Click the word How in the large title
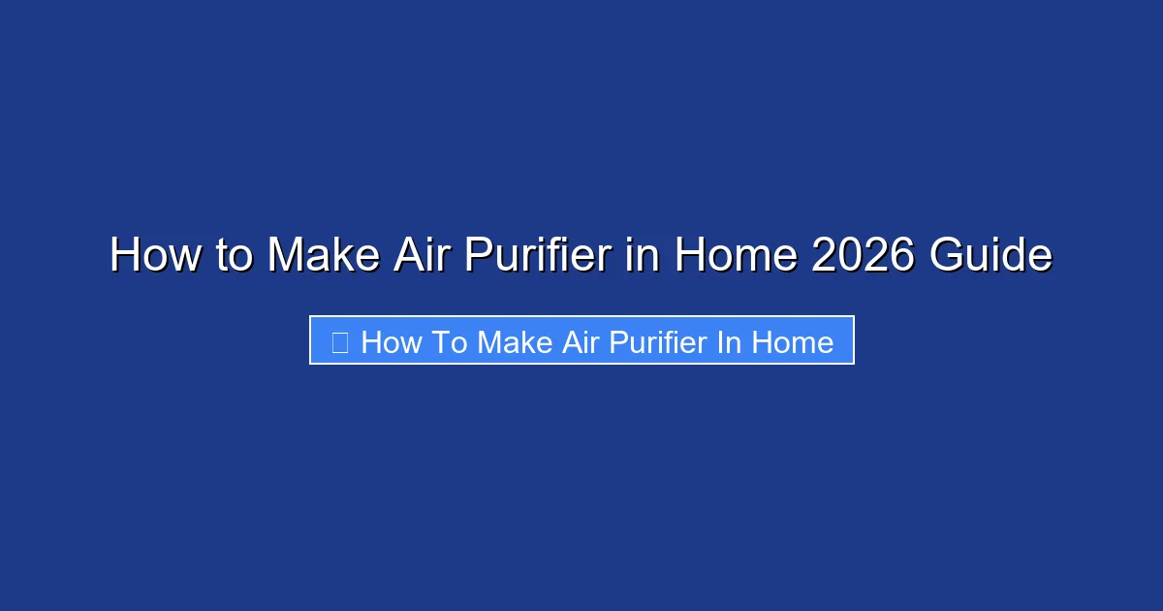145,255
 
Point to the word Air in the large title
424,255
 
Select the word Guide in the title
990,255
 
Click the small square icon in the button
339,341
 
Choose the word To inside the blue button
446,342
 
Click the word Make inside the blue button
515,342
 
